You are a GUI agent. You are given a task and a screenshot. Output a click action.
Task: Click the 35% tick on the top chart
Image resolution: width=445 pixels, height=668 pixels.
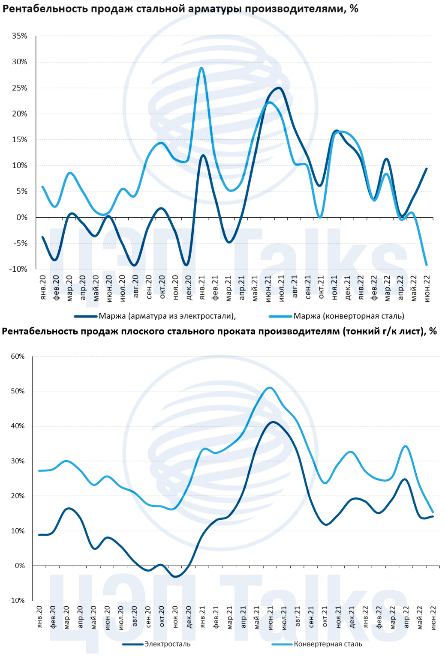tap(20, 36)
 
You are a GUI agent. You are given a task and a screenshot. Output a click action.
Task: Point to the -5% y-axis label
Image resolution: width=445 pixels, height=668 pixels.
tap(20, 243)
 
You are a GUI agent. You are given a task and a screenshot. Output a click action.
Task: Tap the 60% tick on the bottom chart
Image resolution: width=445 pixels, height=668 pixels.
tap(18, 356)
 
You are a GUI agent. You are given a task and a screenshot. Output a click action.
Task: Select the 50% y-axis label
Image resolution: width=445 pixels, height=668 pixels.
tap(18, 391)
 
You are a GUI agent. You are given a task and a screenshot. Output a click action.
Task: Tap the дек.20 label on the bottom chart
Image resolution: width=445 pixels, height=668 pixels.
tap(189, 617)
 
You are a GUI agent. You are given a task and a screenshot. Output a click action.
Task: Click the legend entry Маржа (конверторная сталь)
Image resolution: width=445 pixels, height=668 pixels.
tap(349, 316)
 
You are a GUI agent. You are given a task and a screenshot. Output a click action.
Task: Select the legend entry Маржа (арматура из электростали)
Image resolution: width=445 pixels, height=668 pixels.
tap(167, 316)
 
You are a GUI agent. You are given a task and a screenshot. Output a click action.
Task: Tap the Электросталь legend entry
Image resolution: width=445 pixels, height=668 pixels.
tap(167, 644)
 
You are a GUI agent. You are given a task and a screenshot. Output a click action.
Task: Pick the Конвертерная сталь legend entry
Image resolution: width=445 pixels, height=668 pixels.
tap(328, 644)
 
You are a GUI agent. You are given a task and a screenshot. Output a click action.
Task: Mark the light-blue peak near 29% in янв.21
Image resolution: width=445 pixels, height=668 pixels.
tap(201, 68)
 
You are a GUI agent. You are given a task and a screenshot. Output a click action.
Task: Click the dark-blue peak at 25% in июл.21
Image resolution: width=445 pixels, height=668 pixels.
tap(279, 88)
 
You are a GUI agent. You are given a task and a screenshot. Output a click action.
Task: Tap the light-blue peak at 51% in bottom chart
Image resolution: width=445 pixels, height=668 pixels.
tap(269, 388)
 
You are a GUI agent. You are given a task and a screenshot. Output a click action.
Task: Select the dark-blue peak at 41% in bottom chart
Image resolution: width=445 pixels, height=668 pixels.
tap(273, 422)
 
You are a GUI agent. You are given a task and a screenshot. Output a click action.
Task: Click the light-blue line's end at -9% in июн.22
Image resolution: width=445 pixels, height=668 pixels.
tap(427, 265)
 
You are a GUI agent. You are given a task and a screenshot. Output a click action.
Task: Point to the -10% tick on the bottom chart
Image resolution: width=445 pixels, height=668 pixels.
tap(16, 601)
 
